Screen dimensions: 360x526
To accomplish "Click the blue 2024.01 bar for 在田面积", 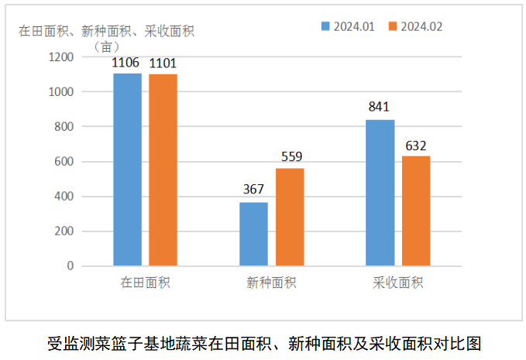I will click(128, 170).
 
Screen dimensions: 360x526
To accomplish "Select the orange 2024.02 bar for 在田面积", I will click(163, 170).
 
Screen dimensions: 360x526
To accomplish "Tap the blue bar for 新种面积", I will click(254, 234).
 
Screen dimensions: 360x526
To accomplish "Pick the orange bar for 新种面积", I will click(290, 217).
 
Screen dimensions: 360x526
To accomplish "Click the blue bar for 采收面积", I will click(380, 193).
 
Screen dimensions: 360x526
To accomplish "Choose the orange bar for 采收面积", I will click(416, 211).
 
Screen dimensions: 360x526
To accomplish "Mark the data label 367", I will click(253, 190).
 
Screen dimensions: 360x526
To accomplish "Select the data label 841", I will click(379, 107).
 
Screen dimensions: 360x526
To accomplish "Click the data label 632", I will click(416, 145).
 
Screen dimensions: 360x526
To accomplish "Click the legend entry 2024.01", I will click(348, 26).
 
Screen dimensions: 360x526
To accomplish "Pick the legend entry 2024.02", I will click(414, 26).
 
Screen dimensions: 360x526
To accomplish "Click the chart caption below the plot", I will click(264, 342).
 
